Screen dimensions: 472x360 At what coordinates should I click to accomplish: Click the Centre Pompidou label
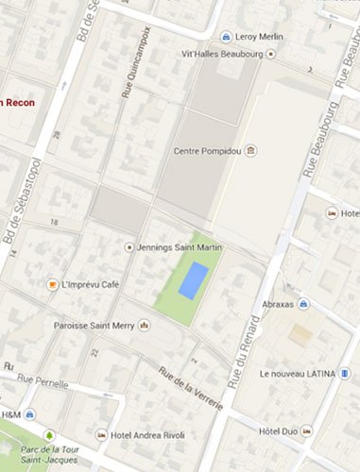coord(208,150)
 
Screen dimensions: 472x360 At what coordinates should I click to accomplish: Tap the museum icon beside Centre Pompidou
coord(249,150)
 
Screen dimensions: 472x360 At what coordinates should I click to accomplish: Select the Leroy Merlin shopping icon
coord(227,37)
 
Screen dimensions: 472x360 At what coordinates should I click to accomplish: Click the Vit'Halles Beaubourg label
coord(221,54)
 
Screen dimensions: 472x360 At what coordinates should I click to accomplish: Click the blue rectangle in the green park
coord(194,280)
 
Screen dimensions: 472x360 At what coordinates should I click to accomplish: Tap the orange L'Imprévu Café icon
coord(54,284)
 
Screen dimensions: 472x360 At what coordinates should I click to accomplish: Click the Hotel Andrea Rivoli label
coord(146,435)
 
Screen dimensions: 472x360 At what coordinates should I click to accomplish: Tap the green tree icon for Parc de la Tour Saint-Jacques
coord(49,435)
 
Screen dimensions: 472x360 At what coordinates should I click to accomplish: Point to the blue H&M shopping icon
coord(30,415)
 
